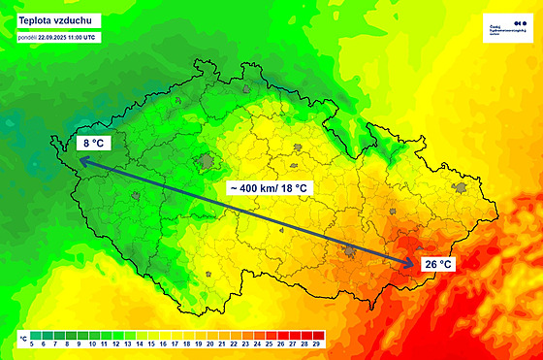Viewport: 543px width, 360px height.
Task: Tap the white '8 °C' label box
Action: [x=92, y=145]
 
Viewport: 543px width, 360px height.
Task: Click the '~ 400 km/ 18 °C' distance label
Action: [x=268, y=186]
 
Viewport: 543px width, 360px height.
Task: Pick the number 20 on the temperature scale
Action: [x=209, y=344]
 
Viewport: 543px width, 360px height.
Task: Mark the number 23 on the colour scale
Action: [x=244, y=344]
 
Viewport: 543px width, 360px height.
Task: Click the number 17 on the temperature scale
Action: [x=175, y=344]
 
